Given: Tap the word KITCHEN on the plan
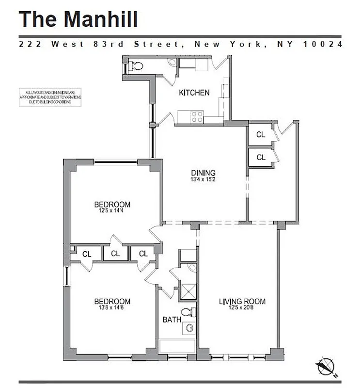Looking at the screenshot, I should click(x=194, y=93).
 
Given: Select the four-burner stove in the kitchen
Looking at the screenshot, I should click(x=197, y=117).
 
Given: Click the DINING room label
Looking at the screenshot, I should click(x=203, y=173).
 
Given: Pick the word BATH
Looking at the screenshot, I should click(x=172, y=320).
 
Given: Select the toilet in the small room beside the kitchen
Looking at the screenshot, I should click(x=136, y=66).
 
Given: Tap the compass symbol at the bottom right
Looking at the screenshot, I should click(x=326, y=365).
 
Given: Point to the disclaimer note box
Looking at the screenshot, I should click(x=50, y=97).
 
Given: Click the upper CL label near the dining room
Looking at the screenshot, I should click(x=261, y=135).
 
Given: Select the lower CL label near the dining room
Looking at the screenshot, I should click(x=261, y=157).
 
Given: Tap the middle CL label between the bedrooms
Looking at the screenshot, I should click(x=115, y=254).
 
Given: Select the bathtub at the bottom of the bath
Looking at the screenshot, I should click(x=178, y=346).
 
